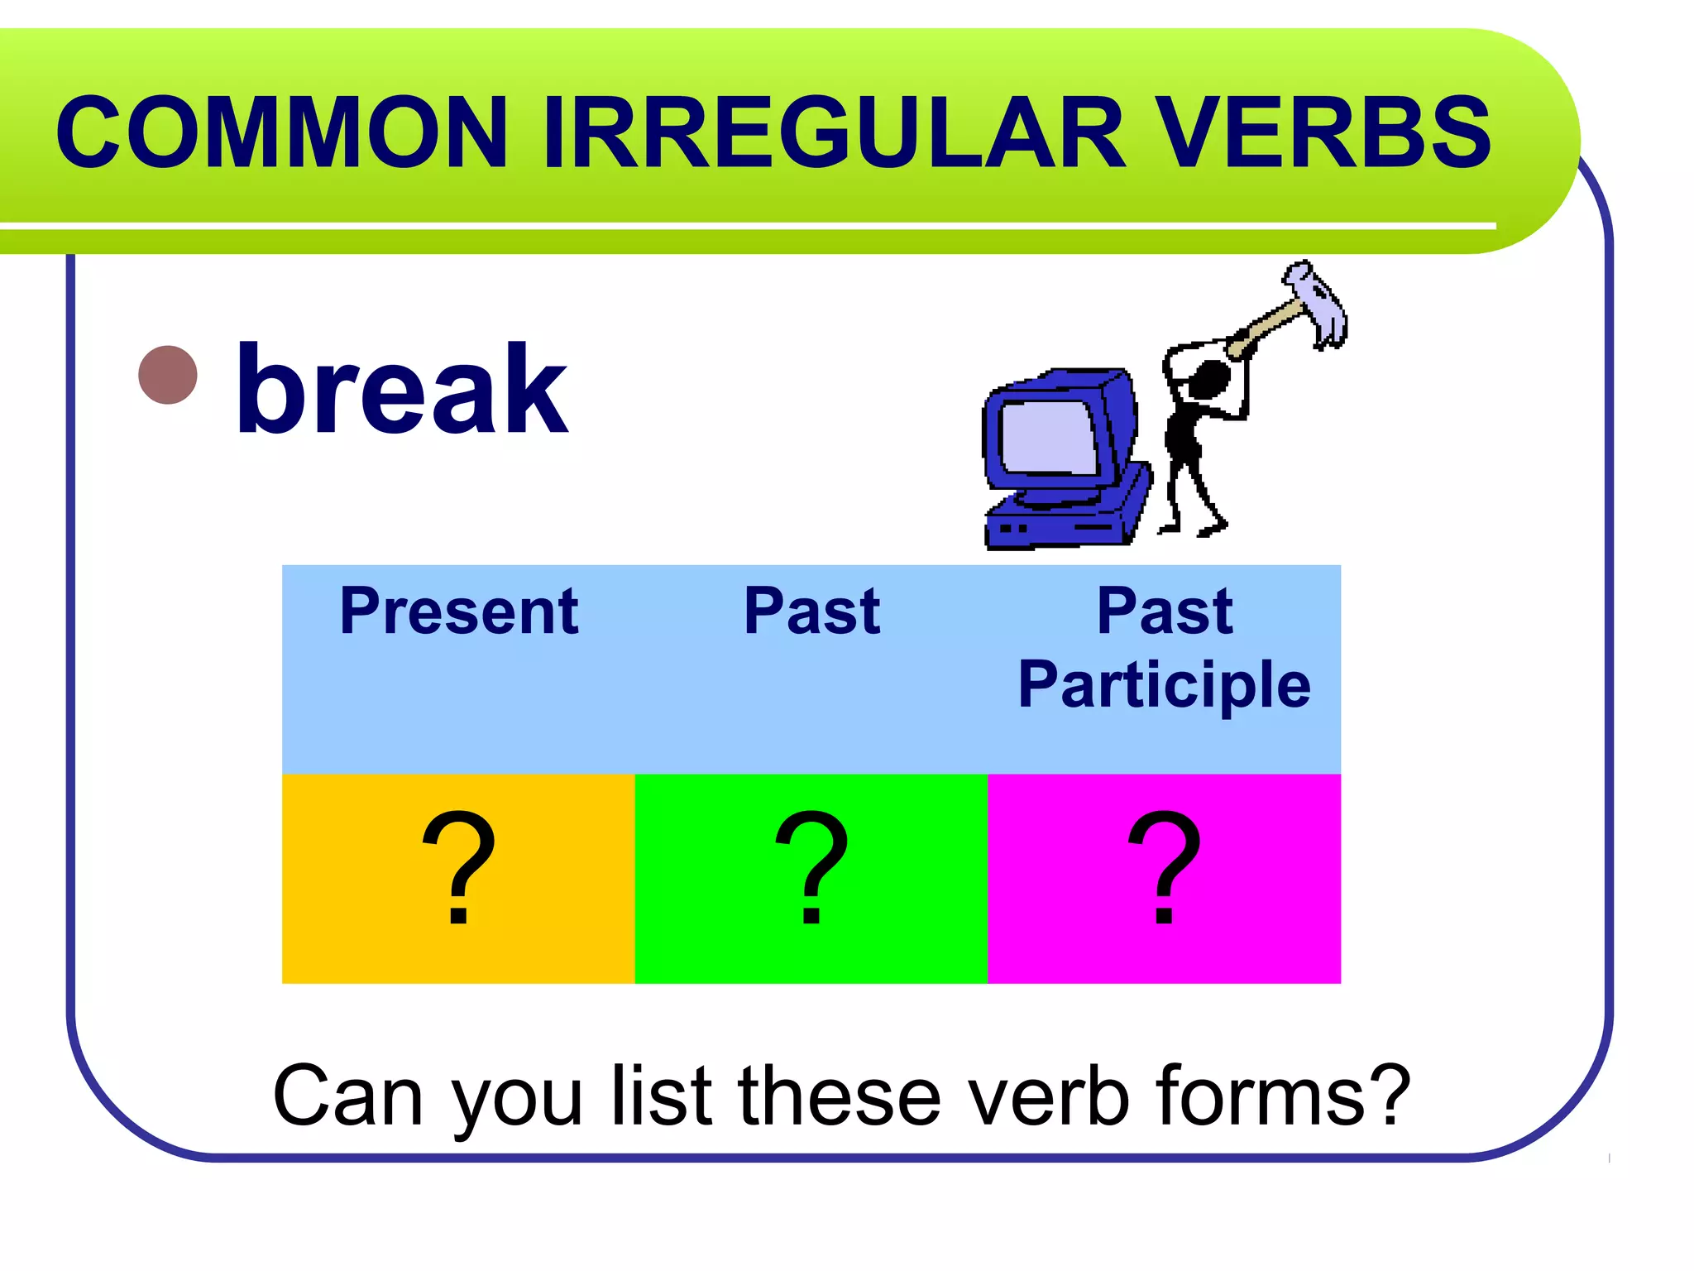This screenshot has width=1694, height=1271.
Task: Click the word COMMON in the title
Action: point(281,132)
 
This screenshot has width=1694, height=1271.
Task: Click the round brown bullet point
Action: point(168,375)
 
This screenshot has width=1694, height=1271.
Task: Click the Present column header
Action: point(459,612)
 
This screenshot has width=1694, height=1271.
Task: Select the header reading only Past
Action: point(811,612)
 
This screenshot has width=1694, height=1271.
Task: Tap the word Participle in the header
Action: point(1164,685)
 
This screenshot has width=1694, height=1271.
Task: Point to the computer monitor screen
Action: point(1048,437)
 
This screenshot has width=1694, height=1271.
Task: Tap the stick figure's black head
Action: point(1209,379)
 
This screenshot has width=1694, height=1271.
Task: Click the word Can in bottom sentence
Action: point(347,1096)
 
